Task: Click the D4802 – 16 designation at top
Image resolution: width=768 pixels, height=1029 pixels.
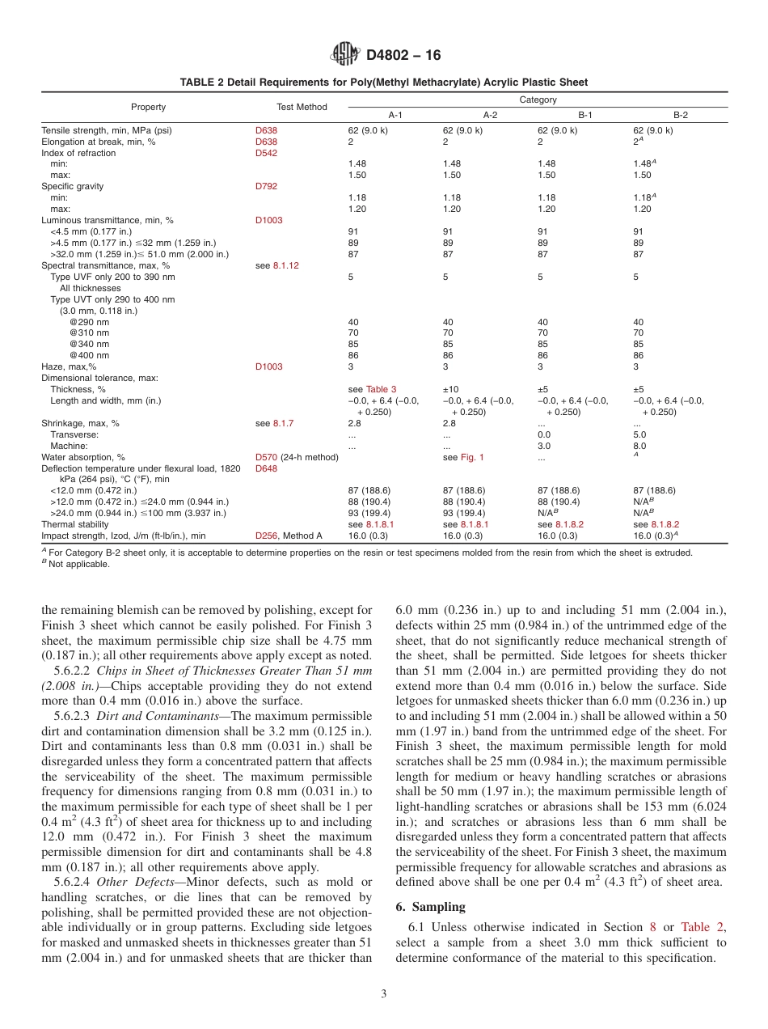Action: coord(403,56)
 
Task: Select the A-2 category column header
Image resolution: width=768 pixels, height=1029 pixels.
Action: coord(491,115)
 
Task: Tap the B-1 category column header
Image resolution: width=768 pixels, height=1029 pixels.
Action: coord(585,115)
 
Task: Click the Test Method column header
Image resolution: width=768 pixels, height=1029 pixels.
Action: coord(302,107)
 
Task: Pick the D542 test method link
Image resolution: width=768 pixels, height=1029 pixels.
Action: coord(265,153)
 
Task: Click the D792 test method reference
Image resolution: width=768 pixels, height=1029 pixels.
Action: coord(265,186)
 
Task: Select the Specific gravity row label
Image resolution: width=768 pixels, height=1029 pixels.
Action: coord(73,186)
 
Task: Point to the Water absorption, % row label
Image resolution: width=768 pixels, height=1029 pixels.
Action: coord(83,457)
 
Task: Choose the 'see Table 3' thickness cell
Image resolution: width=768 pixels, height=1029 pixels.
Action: coord(372,389)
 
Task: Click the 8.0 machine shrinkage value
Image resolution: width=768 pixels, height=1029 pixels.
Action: coord(639,446)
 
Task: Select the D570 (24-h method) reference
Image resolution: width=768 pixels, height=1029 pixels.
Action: coord(297,457)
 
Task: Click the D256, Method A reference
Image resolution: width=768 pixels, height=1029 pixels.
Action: coord(289,536)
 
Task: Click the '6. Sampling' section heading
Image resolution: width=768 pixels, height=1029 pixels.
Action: coord(431,907)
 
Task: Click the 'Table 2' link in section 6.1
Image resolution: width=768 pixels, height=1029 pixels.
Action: coord(698,927)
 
